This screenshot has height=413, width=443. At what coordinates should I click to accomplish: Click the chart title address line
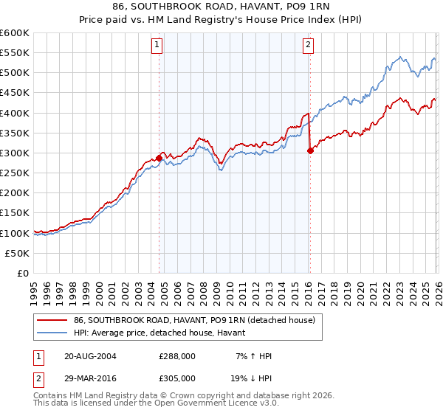click(x=221, y=7)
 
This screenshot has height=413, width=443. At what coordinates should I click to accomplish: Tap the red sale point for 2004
click(x=159, y=158)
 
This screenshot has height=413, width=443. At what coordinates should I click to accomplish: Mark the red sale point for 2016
click(x=310, y=151)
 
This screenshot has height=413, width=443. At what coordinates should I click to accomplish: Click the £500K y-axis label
click(x=15, y=73)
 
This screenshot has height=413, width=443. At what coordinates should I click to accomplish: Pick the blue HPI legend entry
click(x=163, y=333)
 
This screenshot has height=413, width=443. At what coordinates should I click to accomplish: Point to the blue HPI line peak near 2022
click(x=399, y=57)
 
